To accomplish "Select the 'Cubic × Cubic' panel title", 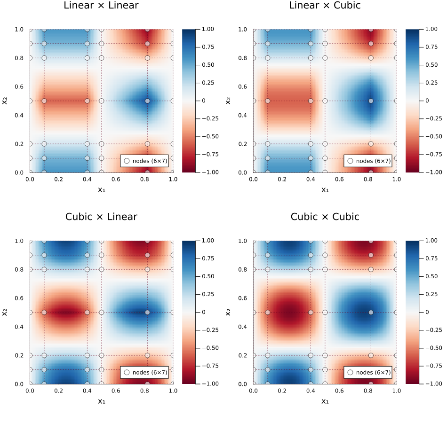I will [x=325, y=217].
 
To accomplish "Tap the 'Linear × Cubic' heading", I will [x=325, y=6].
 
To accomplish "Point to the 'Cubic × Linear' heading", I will [x=101, y=217].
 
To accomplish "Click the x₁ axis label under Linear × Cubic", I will [x=325, y=189].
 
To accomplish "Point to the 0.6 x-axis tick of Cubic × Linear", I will [x=116, y=390].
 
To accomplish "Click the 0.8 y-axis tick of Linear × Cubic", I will [x=246, y=58].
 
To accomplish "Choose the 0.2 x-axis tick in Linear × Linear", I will [x=58, y=179].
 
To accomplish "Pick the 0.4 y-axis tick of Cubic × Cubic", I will [x=246, y=327].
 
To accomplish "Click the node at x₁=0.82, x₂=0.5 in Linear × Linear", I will [x=147, y=101].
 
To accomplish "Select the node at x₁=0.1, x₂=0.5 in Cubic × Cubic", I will [x=268, y=312].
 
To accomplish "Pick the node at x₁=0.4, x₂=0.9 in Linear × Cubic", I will [x=311, y=44].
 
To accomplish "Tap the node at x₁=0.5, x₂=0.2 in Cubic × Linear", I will [x=102, y=355].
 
